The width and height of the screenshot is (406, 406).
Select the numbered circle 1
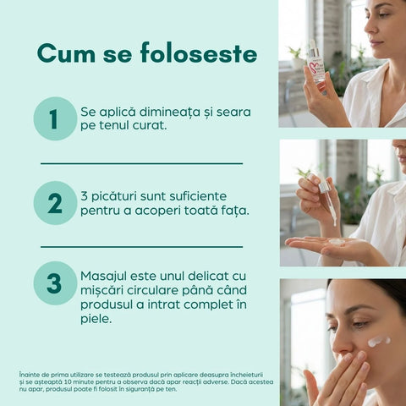[55, 118]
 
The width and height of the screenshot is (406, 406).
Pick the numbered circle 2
[55, 203]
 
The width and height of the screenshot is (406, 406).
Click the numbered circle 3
[55, 283]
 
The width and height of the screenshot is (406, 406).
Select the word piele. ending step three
[96, 320]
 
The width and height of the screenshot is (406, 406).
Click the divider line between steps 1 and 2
[141, 163]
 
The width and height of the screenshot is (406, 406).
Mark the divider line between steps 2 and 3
[141, 247]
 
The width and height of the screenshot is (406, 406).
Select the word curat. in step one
[144, 126]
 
